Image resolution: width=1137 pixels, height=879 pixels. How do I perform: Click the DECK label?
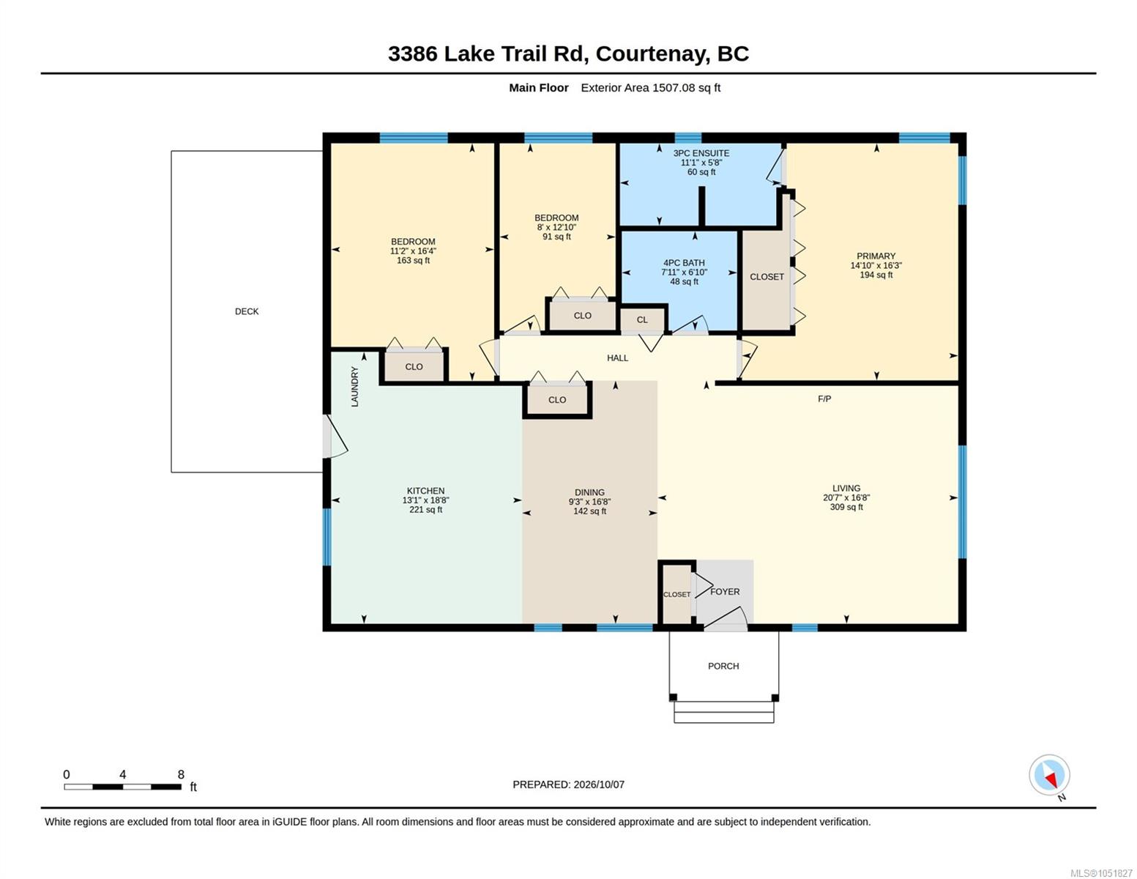tap(247, 311)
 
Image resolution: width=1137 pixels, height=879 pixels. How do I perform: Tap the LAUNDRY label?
tap(355, 387)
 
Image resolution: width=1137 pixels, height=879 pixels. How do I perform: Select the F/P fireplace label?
tap(824, 399)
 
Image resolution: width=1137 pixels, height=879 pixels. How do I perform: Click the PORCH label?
tap(723, 667)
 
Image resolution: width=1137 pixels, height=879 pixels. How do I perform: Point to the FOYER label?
tap(725, 592)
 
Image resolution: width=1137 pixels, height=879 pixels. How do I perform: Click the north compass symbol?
tap(1049, 775)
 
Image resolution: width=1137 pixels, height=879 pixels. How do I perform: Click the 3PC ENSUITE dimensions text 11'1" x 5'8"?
tap(701, 163)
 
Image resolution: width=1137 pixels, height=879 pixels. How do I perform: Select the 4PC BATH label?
tap(684, 263)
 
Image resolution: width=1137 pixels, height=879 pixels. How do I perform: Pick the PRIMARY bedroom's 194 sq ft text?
tap(876, 275)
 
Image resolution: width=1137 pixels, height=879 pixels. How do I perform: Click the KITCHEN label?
tap(425, 491)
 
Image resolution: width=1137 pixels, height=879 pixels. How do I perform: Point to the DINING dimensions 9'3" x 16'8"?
tap(589, 502)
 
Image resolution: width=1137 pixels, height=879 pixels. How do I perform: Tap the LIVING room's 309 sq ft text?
tap(846, 507)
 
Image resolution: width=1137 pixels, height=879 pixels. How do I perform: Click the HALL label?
tap(617, 358)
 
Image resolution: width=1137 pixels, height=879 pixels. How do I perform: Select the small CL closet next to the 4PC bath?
tap(642, 320)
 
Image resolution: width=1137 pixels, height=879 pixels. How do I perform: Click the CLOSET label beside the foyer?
tap(676, 595)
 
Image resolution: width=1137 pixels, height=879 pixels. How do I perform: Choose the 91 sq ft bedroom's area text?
tap(556, 237)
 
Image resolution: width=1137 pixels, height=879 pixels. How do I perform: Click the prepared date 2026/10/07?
tap(599, 785)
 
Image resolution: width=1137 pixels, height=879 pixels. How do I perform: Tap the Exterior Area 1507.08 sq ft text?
tap(650, 88)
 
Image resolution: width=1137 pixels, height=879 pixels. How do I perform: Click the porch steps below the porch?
tap(723, 713)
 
